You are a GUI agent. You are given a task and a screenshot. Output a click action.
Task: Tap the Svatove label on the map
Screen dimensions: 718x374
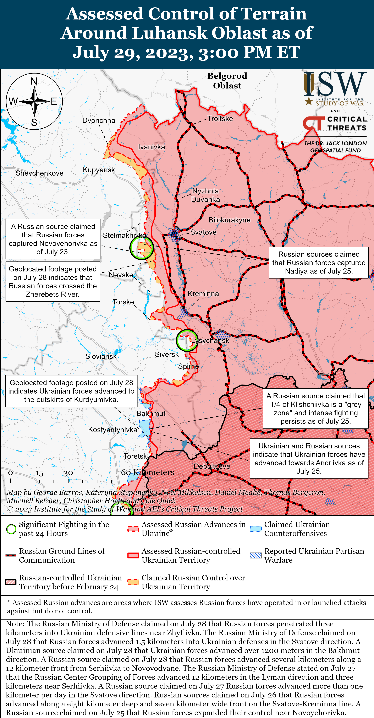[203, 232]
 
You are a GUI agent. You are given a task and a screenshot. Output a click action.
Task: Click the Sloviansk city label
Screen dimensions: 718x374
[101, 356]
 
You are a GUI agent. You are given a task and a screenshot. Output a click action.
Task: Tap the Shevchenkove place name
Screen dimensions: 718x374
[39, 173]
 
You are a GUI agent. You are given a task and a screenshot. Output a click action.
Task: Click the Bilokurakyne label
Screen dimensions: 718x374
[229, 220]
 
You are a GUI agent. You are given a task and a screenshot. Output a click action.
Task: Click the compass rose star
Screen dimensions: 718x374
[34, 101]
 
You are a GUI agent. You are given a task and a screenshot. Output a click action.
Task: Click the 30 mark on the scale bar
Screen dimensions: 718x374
[68, 473]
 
